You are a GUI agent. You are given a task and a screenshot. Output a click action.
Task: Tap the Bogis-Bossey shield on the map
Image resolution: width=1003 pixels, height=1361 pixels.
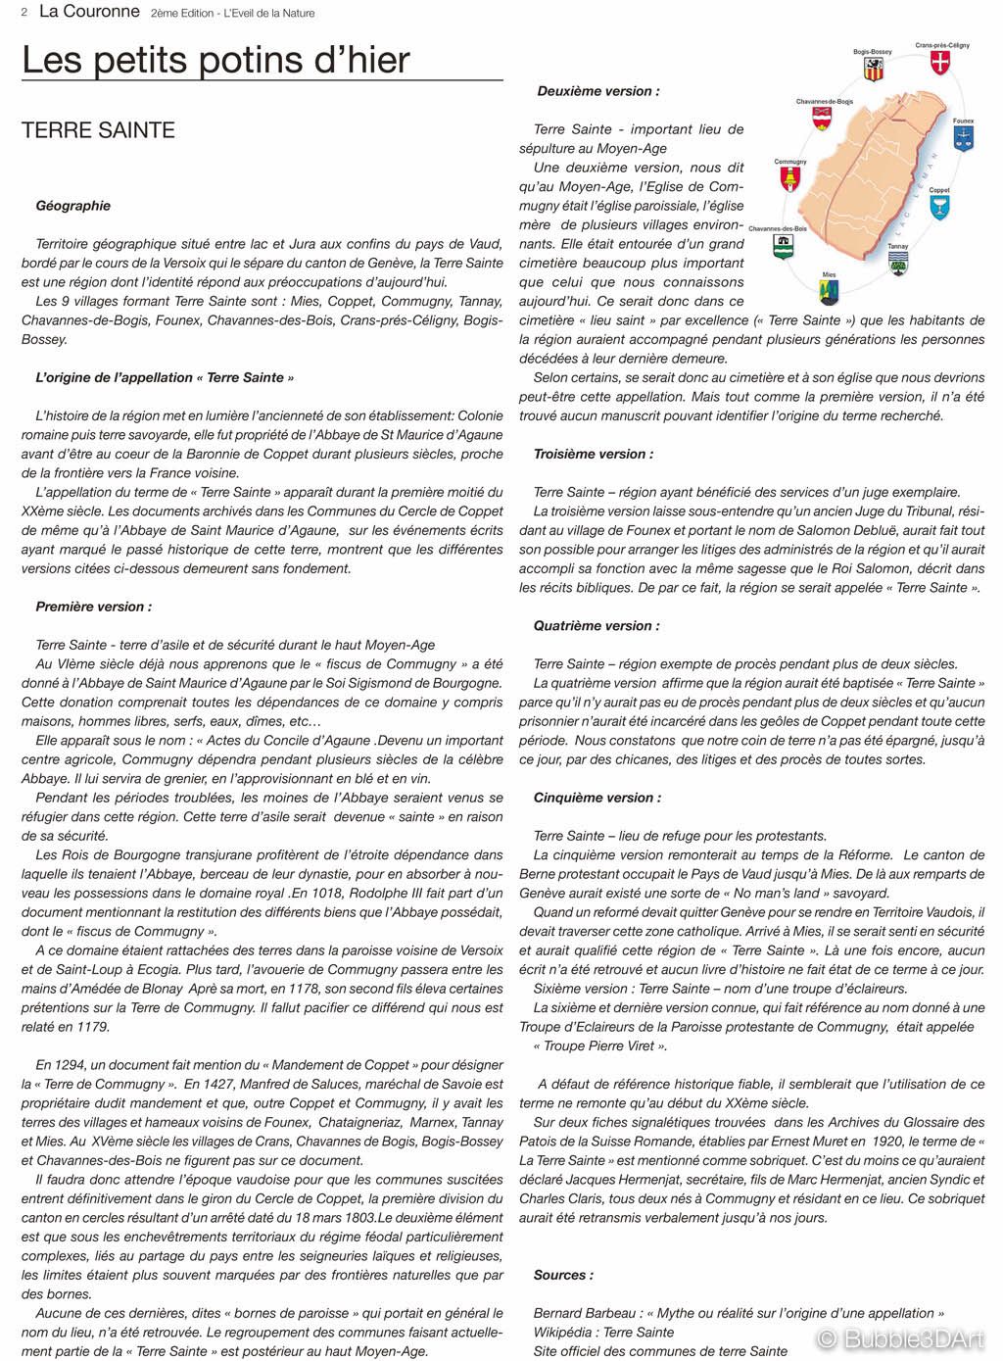click(872, 71)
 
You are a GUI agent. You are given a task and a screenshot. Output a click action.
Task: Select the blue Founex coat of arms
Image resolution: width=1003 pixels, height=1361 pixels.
click(963, 139)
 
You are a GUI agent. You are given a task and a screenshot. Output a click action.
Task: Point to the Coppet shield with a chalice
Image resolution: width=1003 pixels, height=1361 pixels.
click(940, 207)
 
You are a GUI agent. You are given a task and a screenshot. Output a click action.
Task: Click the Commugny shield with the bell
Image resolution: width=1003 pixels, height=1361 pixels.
click(789, 179)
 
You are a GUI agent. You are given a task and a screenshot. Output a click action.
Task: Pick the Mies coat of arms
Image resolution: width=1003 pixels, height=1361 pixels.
click(830, 290)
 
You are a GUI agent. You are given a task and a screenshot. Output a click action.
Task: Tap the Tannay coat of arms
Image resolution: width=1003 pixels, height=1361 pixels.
click(898, 262)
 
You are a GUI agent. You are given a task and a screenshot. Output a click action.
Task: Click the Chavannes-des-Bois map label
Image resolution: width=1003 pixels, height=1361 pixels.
click(778, 228)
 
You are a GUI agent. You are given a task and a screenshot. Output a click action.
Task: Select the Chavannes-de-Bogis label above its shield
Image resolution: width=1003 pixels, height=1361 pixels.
click(824, 101)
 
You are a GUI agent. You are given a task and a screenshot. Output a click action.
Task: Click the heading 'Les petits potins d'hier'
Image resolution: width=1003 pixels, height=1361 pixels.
click(215, 60)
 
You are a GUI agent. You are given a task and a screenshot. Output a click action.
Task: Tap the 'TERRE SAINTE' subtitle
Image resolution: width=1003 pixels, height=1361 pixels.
click(98, 130)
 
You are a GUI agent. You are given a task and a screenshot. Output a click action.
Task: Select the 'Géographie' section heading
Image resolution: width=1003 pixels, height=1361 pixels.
click(72, 206)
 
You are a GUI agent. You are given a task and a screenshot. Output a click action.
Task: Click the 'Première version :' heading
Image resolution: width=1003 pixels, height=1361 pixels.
click(93, 607)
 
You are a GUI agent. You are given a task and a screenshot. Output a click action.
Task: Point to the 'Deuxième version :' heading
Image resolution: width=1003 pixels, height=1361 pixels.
click(597, 91)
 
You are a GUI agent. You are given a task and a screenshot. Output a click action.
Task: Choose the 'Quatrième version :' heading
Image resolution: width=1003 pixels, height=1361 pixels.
click(596, 625)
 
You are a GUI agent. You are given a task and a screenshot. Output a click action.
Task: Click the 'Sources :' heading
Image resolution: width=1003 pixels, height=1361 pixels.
click(562, 1275)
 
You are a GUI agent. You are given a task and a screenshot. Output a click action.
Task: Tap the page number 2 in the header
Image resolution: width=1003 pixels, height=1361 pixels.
click(10, 13)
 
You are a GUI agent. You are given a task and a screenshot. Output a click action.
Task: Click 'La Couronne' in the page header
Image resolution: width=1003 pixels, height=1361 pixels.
click(89, 13)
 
